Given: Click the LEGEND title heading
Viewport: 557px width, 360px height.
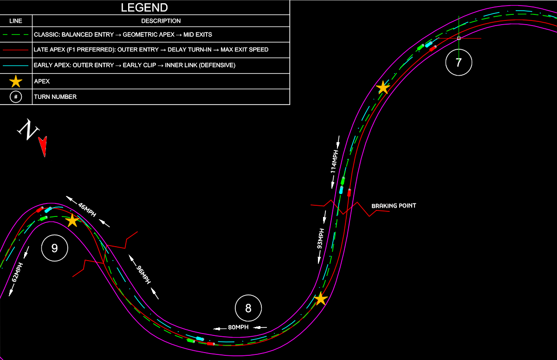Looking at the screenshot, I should pyautogui.click(x=144, y=7).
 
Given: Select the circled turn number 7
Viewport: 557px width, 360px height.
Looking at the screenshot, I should pyautogui.click(x=459, y=62).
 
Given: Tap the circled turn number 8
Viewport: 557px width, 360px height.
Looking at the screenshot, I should pyautogui.click(x=248, y=308).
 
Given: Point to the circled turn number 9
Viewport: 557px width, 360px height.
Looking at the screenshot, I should pyautogui.click(x=55, y=248).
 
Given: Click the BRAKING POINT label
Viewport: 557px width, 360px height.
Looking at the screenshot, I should pyautogui.click(x=394, y=206).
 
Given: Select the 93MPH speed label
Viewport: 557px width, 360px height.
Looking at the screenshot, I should pyautogui.click(x=320, y=239).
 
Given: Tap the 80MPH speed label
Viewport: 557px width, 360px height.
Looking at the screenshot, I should pyautogui.click(x=238, y=327).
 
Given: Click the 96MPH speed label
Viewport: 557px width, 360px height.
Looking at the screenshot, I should pyautogui.click(x=143, y=275).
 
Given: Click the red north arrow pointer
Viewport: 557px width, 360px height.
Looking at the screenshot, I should pyautogui.click(x=43, y=146).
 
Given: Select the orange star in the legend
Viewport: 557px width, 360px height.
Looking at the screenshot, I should pyautogui.click(x=16, y=81).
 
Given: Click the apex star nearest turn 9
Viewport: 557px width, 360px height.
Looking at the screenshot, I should pyautogui.click(x=72, y=220).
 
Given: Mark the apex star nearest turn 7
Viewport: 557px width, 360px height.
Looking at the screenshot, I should pyautogui.click(x=382, y=87).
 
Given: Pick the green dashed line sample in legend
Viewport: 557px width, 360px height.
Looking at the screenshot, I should pyautogui.click(x=16, y=34).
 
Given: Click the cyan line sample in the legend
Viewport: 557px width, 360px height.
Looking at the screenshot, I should pyautogui.click(x=16, y=65).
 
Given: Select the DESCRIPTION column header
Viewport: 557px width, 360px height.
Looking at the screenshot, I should pyautogui.click(x=161, y=21).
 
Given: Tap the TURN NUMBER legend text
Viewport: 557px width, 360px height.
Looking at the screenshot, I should pyautogui.click(x=55, y=97).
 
